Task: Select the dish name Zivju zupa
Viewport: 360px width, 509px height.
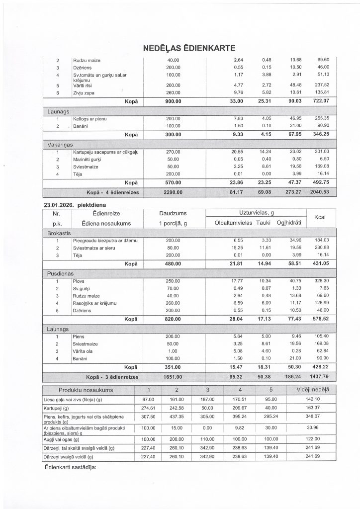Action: tap(84, 92)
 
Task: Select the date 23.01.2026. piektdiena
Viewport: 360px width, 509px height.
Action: tap(76, 204)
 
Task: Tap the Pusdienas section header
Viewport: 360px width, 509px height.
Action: tap(61, 274)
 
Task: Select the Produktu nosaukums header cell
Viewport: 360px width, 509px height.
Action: tap(86, 389)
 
